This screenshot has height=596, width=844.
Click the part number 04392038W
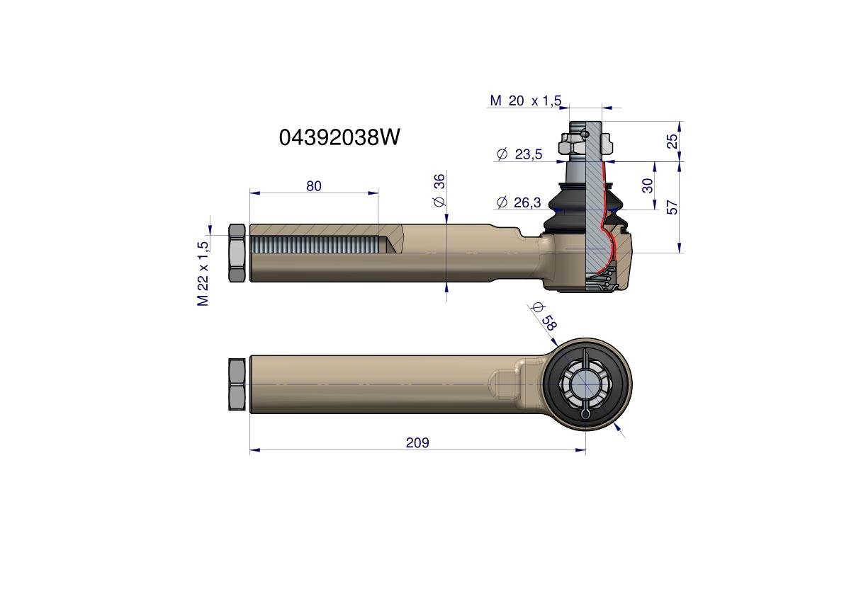click(339, 137)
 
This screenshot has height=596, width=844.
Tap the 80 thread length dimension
click(314, 186)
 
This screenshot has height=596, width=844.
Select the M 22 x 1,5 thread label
click(203, 274)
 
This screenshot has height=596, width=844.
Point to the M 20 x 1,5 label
click(525, 101)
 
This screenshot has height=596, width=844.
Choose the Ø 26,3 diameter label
click(519, 202)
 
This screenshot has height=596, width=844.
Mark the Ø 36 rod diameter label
click(440, 190)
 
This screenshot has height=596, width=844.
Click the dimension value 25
click(673, 142)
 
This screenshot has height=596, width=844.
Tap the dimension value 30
click(648, 185)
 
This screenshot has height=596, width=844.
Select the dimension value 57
click(673, 207)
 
